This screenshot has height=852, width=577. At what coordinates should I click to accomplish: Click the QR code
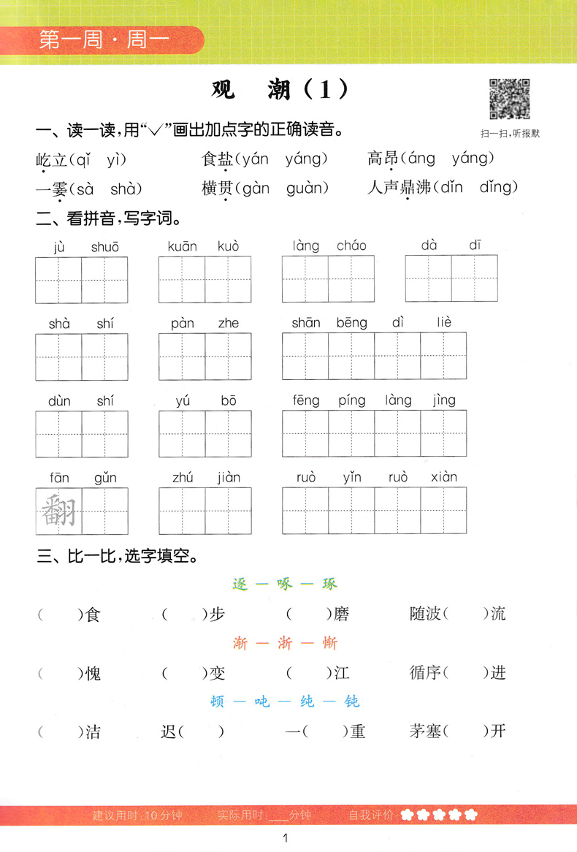509,99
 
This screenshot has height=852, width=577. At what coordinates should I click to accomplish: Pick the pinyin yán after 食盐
252,159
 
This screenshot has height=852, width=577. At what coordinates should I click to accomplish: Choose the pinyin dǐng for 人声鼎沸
499,188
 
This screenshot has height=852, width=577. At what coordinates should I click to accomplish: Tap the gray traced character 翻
58,511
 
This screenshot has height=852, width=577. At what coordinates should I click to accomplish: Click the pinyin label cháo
351,246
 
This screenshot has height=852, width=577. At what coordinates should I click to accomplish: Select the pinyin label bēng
352,322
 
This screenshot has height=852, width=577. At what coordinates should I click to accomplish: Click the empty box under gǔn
104,511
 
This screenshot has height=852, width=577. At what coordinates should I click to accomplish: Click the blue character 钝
352,701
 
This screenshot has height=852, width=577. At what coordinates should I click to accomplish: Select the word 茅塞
425,731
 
